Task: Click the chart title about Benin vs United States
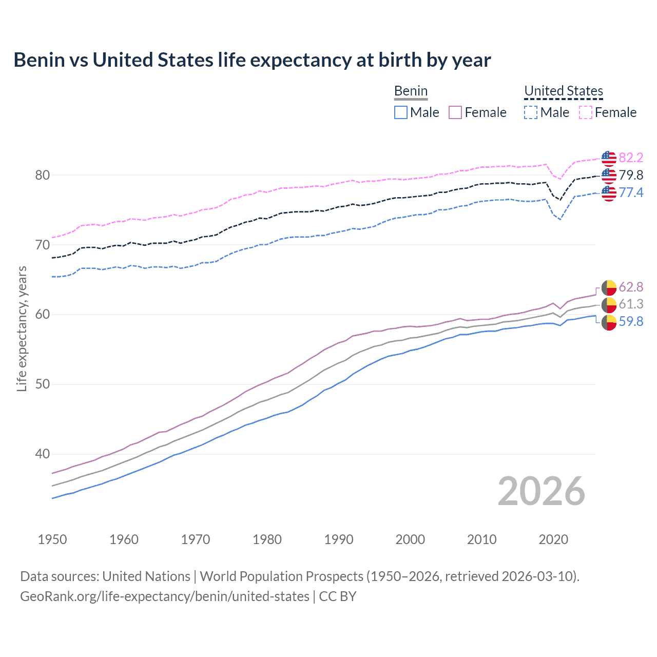click(x=252, y=60)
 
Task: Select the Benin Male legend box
click(x=401, y=112)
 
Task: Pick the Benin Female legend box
click(x=455, y=112)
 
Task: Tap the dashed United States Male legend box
click(x=531, y=112)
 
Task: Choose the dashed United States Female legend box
click(x=586, y=112)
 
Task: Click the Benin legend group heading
click(x=411, y=91)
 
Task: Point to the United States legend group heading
click(x=564, y=91)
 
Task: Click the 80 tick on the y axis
click(x=43, y=175)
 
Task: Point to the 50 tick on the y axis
click(x=43, y=384)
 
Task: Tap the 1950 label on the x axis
click(x=52, y=539)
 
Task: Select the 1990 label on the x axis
click(x=339, y=539)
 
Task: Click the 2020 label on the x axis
click(x=553, y=539)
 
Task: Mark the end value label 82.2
click(x=631, y=158)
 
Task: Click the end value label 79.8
click(x=631, y=175)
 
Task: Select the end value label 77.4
click(x=631, y=192)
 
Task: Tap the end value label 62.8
click(x=631, y=287)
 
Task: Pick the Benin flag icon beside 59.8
click(x=609, y=323)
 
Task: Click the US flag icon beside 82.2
click(x=609, y=159)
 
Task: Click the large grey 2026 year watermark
click(x=542, y=491)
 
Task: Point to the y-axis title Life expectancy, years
click(x=22, y=328)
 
